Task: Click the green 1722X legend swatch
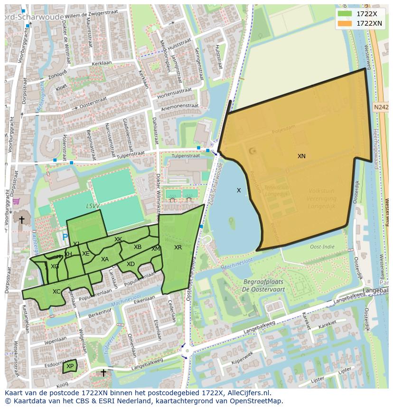coord(345,14)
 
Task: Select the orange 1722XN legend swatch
coord(345,23)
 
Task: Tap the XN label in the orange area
coord(301,156)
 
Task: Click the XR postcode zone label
coord(178,247)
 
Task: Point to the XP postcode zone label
coord(70,366)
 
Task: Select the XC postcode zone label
coord(56,292)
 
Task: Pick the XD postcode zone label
coord(131,264)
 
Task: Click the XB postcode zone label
coord(138,247)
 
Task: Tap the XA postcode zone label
coord(105,259)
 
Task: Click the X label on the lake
coord(239,190)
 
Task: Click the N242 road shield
coord(381,108)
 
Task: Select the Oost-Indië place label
coord(322,247)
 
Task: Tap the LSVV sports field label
coord(93,207)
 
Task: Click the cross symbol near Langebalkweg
coord(103,373)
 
